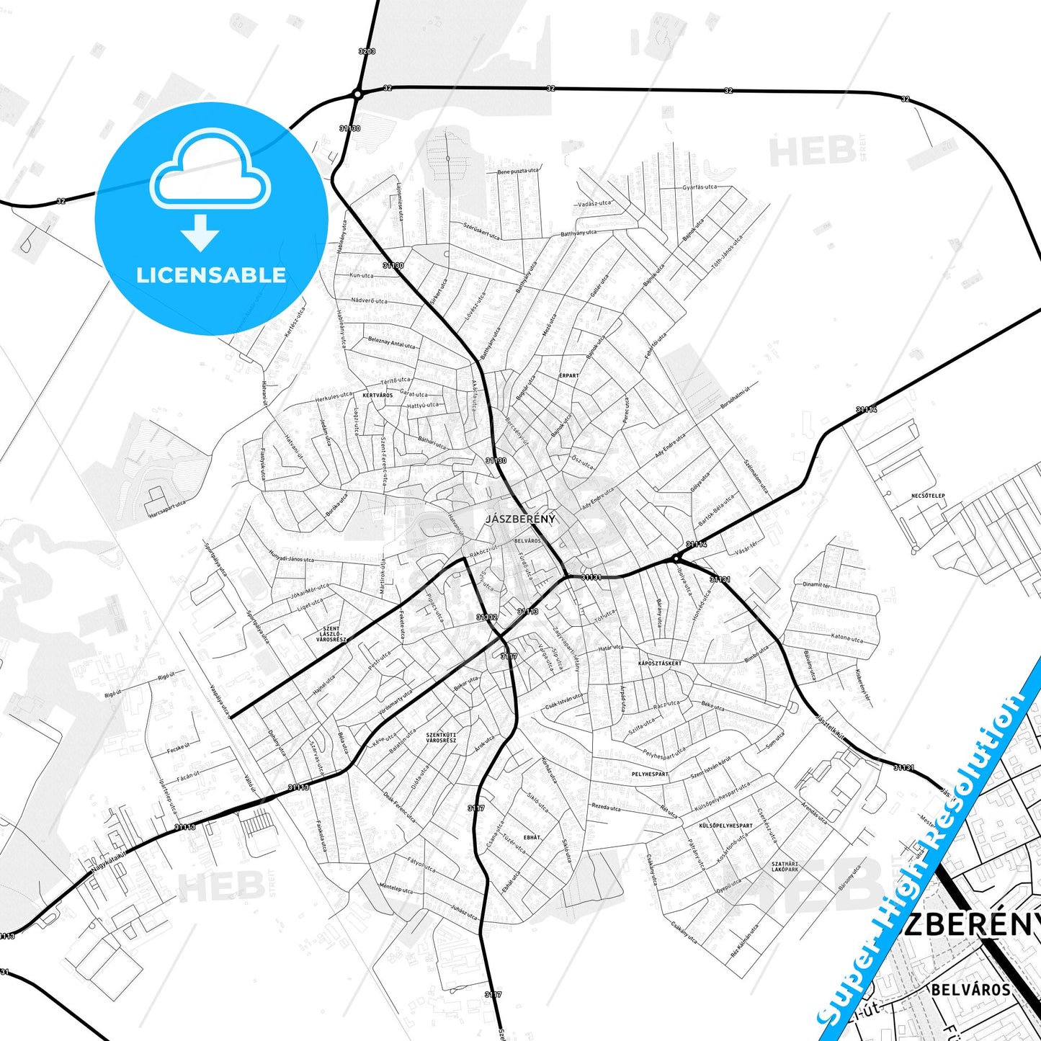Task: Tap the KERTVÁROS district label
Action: tap(377, 395)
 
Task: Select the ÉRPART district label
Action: tap(568, 375)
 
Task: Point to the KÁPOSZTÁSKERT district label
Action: tap(660, 663)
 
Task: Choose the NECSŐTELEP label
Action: tap(928, 496)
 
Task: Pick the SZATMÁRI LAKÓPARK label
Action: tap(785, 866)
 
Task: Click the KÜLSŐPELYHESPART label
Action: tap(725, 826)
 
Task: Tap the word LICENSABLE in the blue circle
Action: tap(211, 275)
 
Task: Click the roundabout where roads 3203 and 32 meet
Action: tap(357, 94)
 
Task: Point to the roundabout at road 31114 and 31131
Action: tap(676, 558)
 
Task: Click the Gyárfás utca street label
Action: tap(700, 187)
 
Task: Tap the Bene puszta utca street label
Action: tap(518, 171)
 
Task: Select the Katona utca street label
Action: tap(846, 638)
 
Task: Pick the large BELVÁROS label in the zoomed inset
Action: tap(970, 989)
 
